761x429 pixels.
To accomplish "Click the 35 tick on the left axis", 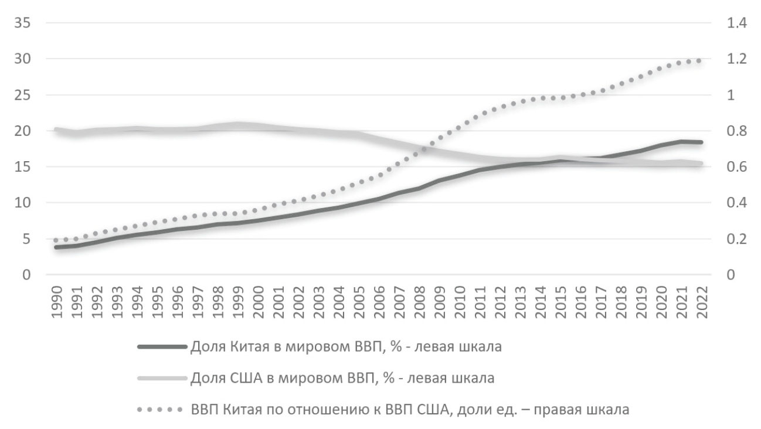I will tap(23, 23).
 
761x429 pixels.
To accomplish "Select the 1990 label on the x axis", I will tap(57, 302).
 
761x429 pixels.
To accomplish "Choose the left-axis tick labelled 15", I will tap(23, 167).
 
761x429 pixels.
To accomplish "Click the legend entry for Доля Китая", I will tap(346, 346).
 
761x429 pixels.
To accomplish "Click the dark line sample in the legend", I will tap(162, 346).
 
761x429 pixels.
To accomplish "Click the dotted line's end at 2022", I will tap(699, 60).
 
